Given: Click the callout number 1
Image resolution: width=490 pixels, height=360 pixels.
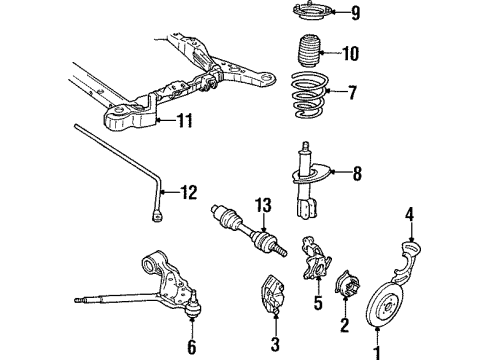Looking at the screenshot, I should tap(378, 351).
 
